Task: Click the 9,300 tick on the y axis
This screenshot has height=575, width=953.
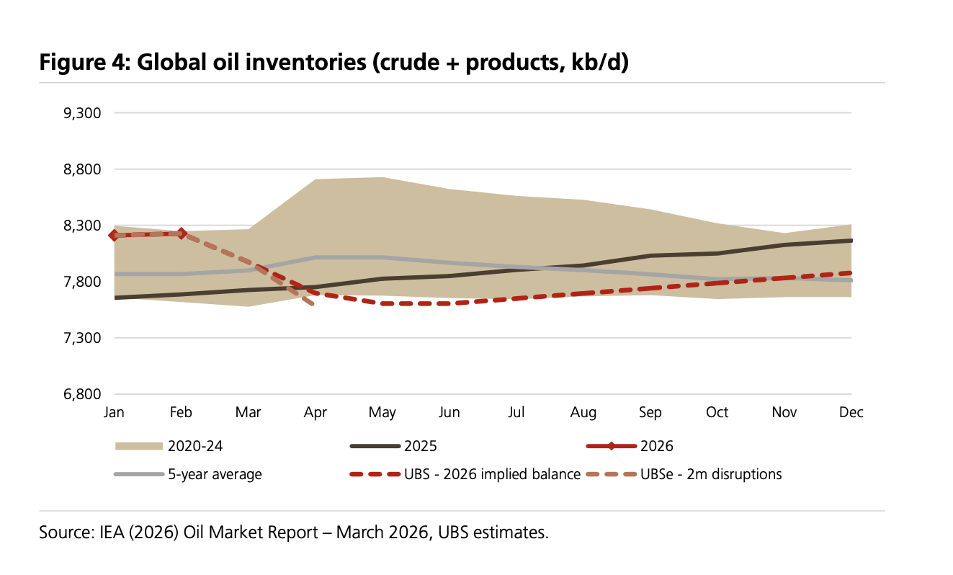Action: coord(84,113)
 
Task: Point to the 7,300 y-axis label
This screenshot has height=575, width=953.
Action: coord(84,338)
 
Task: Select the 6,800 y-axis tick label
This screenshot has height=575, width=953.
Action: coord(84,394)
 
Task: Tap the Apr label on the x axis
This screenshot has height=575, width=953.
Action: coord(315,413)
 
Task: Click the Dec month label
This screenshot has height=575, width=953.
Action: coord(851,413)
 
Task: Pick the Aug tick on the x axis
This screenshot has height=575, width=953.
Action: coord(583,413)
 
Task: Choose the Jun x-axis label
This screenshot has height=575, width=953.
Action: coord(449,413)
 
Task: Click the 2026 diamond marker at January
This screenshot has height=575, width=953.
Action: coord(114,236)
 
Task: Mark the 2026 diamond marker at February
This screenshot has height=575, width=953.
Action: coord(181,233)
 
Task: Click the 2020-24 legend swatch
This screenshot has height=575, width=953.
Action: coord(138,446)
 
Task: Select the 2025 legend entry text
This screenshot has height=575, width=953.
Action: coord(421,446)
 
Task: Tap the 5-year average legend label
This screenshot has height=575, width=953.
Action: coord(215,474)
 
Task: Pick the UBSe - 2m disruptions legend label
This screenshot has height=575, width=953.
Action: coord(711,474)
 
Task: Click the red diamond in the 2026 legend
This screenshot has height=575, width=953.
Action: coord(612,446)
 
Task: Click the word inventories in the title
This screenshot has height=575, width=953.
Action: coord(305,63)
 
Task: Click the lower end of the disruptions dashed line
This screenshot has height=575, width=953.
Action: coord(313,305)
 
